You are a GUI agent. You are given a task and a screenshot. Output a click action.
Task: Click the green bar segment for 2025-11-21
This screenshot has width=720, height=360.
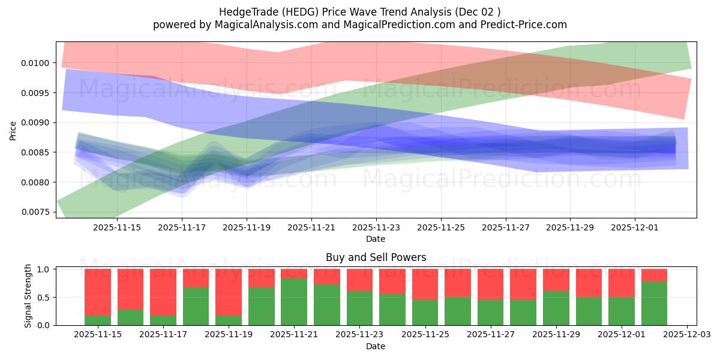294,302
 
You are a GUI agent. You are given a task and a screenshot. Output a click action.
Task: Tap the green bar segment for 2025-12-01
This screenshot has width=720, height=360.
621,311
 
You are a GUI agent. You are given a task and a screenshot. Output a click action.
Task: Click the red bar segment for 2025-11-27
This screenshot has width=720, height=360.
490,284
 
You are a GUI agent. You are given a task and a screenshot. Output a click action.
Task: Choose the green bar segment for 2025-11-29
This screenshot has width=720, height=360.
556,308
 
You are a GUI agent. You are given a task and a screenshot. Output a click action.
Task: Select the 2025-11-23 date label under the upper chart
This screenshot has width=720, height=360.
376,228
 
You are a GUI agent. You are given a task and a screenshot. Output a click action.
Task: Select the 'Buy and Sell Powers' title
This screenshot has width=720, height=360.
376,257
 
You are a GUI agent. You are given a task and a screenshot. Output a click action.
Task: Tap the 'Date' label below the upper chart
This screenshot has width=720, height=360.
376,239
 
